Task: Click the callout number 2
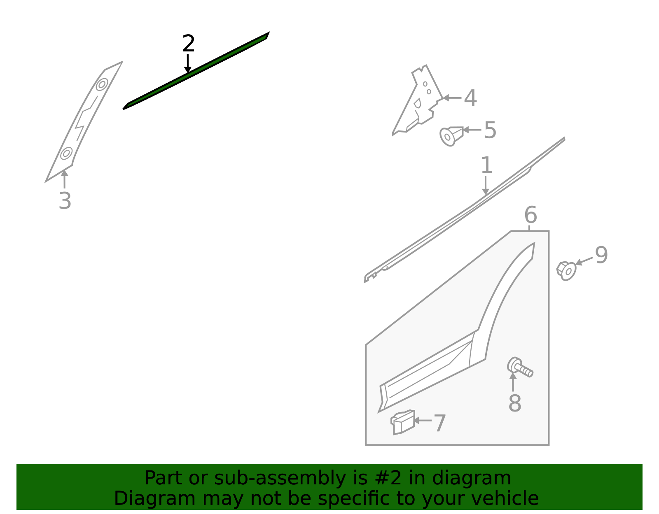[188, 44]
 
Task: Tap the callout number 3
[65, 201]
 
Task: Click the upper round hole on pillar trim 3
[102, 84]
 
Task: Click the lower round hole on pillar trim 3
[66, 153]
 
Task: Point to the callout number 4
[470, 98]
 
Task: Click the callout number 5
[490, 130]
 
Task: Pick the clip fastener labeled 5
[451, 136]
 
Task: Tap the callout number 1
[486, 165]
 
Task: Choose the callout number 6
[530, 215]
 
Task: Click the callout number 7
[439, 423]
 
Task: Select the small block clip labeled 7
[403, 422]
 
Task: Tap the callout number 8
[514, 403]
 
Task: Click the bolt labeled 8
[519, 367]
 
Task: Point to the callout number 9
[601, 255]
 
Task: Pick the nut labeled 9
[566, 270]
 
